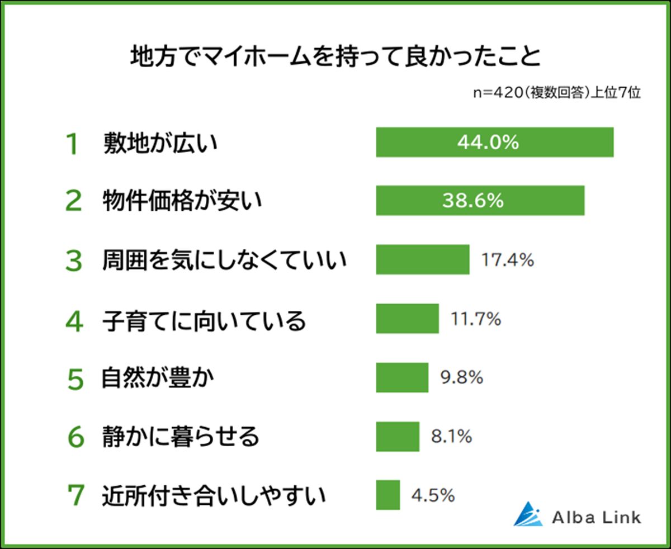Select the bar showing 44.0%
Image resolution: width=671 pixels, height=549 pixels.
coord(494,143)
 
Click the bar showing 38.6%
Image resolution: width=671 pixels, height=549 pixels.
coord(480,201)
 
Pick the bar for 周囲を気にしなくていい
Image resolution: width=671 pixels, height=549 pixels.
coord(422,259)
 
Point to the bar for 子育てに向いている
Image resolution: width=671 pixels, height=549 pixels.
coord(407,319)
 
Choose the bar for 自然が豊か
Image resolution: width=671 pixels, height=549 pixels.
coord(401,377)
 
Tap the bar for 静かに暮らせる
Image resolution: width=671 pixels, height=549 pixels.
coord(397,436)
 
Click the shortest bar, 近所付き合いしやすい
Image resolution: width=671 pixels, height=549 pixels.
coord(388,495)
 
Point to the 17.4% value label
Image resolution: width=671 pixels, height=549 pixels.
coord(508,259)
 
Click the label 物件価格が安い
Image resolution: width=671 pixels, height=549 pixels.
coord(182,201)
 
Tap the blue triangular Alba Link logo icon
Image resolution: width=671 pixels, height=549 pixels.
coord(528,514)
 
